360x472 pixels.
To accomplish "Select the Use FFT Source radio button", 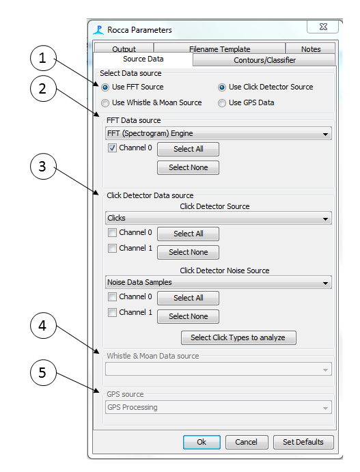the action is [105, 87].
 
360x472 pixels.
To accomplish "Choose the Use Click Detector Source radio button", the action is [222, 87].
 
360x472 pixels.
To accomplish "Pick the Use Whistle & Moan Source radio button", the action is [105, 103].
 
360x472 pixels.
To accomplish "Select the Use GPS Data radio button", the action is [222, 103].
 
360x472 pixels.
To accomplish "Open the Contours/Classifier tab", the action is [264, 60].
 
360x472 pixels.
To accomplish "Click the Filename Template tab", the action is [219, 48].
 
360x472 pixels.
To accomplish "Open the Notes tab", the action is [311, 48].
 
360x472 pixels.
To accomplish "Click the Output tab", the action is [124, 48].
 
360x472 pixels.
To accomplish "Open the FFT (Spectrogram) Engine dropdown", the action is [219, 134].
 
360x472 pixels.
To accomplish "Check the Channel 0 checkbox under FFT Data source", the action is [112, 148].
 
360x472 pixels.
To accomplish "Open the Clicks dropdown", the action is [219, 218].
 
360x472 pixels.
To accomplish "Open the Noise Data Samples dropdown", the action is [219, 282].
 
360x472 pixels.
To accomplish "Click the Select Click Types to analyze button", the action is [238, 337].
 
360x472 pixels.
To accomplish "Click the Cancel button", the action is [247, 442].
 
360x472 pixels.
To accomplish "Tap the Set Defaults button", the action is [303, 442].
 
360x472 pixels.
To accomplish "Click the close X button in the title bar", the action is [323, 27].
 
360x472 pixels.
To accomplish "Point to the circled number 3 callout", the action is [43, 167].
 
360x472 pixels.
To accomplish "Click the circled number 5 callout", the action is [43, 373].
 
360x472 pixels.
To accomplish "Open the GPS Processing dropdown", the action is [219, 407].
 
